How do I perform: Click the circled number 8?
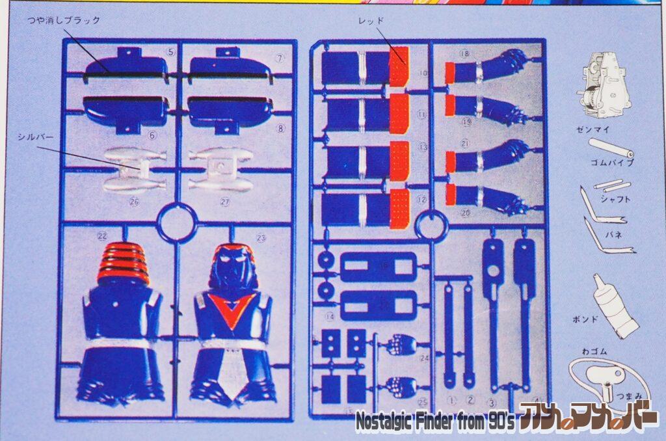coord(280,128)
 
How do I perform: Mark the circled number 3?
coord(492,403)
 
